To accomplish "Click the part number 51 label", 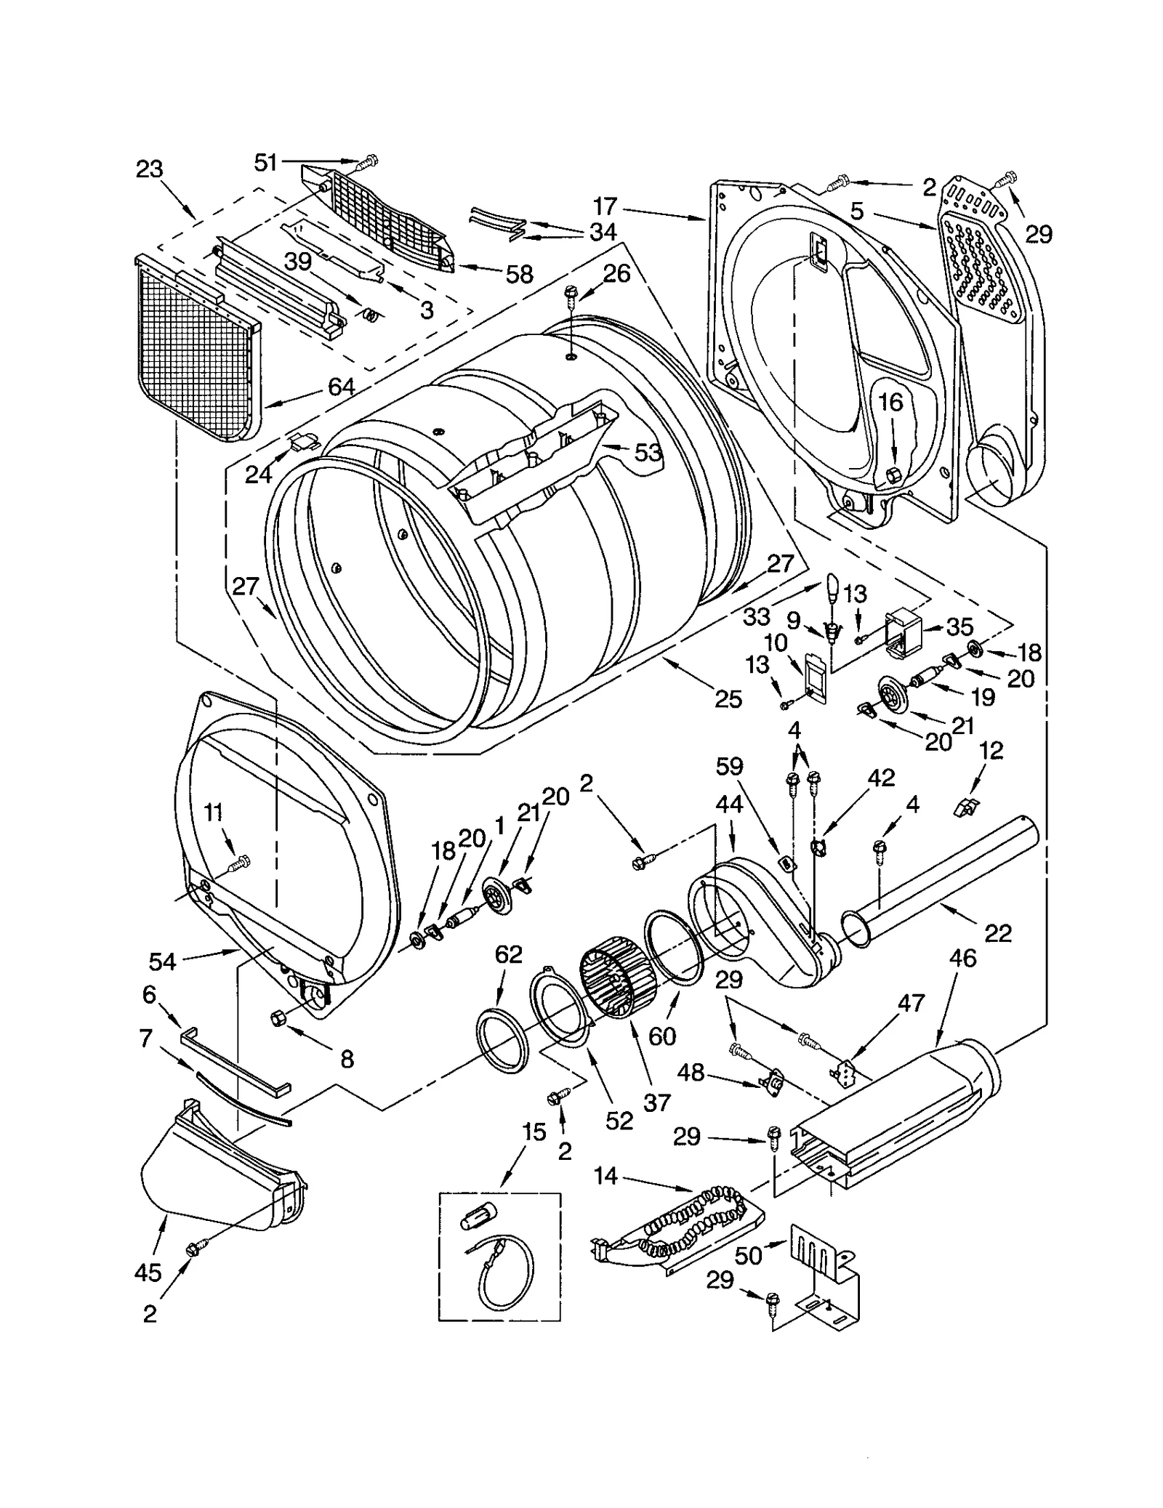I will (x=265, y=162).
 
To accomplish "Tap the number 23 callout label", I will (x=149, y=169).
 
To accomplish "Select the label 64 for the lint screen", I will (x=341, y=386).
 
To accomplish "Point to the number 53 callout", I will (x=648, y=453).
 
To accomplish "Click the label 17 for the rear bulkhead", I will (x=605, y=206).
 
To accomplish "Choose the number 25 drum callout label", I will (x=728, y=699).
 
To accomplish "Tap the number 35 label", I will (x=959, y=626).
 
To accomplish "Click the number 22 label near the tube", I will (x=997, y=933).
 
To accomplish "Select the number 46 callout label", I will (x=963, y=958).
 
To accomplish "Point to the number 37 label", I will (x=656, y=1102).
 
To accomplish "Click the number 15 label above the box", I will (x=534, y=1132).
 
